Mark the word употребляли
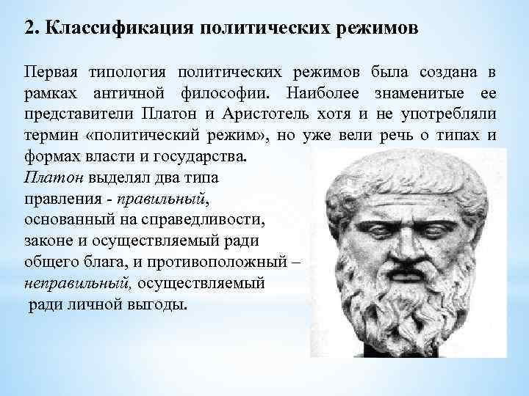451,115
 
